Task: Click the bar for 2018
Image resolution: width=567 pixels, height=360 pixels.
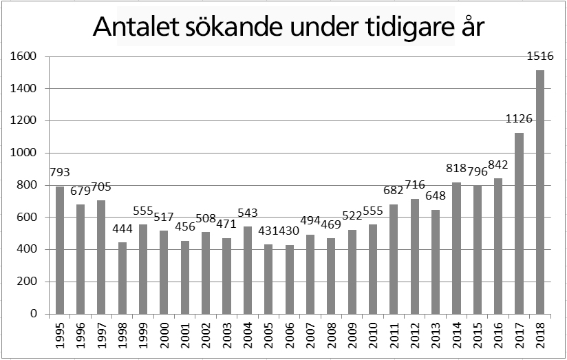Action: tap(540, 192)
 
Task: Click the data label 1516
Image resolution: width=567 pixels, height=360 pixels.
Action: tap(540, 57)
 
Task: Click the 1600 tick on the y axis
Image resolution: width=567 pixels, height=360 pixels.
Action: tap(24, 56)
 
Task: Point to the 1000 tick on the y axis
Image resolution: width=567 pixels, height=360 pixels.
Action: tap(24, 153)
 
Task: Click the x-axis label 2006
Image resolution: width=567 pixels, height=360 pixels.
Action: tap(290, 335)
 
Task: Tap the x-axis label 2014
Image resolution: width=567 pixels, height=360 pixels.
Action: tap(457, 335)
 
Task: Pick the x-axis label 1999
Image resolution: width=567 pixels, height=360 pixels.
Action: tap(144, 335)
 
